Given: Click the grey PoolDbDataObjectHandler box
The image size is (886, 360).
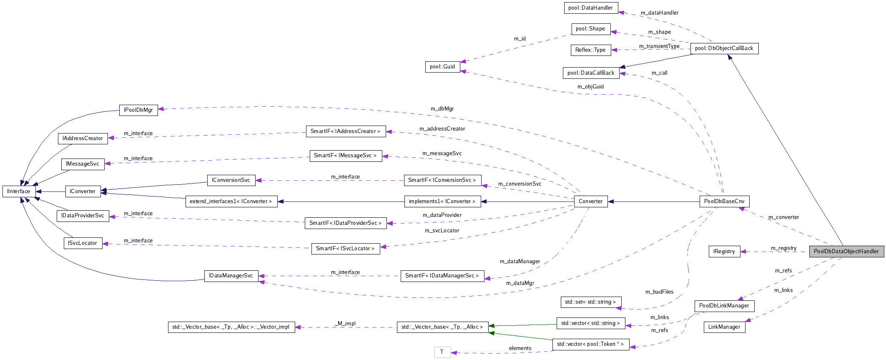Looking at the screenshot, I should click(846, 251).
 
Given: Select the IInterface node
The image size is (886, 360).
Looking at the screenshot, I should click(19, 191).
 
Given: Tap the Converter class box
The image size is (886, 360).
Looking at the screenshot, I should click(590, 201).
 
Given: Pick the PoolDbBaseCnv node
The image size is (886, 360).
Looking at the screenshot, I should click(724, 201).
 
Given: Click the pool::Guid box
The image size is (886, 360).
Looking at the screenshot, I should click(442, 66).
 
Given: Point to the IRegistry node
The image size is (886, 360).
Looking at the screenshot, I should click(724, 251).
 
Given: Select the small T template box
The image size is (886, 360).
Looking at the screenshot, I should click(442, 352).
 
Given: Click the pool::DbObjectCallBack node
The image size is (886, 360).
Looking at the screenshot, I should click(724, 48).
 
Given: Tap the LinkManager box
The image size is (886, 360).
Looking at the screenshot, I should click(724, 327).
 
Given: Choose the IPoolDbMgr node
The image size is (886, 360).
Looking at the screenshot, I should click(138, 110).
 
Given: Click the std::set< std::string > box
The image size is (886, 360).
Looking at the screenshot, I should click(590, 302).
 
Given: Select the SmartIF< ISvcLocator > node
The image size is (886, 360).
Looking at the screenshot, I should click(345, 248).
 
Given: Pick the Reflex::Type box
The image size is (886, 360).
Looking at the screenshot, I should click(590, 50).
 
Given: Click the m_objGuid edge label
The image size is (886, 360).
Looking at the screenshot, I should click(590, 86).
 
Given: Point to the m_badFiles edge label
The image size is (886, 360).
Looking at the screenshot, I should click(659, 292).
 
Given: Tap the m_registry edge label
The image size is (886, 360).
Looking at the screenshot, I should click(783, 248).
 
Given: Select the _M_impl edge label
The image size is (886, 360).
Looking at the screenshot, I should click(345, 323).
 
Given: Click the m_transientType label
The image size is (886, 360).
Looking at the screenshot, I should click(659, 46).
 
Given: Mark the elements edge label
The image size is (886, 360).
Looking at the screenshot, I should click(520, 348).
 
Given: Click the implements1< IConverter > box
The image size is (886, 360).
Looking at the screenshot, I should click(442, 201).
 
